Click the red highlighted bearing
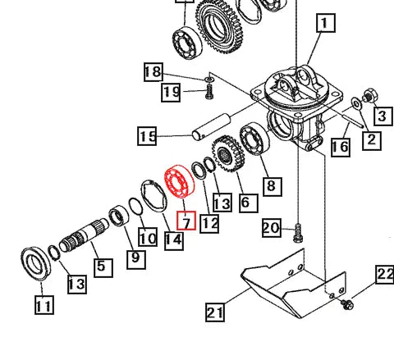tap(175, 185)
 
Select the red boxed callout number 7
tap(186, 221)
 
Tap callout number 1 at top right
tap(326, 25)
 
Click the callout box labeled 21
tap(215, 311)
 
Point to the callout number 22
tap(385, 275)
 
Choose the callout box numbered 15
tap(147, 135)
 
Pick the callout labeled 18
tap(153, 71)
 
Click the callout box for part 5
tap(102, 267)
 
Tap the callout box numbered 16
tap(340, 147)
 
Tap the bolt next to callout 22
tap(346, 304)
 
